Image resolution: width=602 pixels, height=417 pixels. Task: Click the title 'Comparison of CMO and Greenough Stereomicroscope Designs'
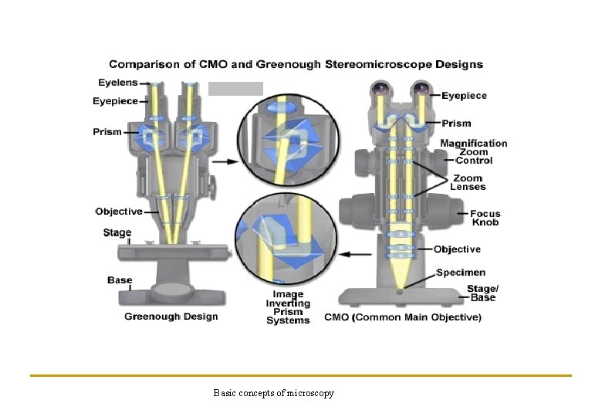tap(296, 64)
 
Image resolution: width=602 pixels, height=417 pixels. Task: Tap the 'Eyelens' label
tap(117, 82)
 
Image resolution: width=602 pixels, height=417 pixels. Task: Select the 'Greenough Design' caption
tap(171, 316)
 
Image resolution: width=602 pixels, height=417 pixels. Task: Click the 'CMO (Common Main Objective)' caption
tap(402, 317)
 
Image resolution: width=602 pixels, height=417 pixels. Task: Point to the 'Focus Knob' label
tap(485, 218)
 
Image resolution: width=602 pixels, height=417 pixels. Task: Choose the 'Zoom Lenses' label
tap(468, 182)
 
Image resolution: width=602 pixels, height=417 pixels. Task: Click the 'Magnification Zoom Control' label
tap(474, 151)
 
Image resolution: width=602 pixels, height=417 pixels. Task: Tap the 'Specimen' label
tap(461, 273)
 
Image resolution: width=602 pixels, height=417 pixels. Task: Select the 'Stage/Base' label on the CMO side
tap(482, 293)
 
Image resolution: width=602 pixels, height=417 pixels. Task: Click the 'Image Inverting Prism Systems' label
tap(288, 307)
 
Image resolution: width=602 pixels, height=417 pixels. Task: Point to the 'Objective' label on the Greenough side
tap(119, 212)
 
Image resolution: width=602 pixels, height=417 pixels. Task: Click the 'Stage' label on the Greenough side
tap(117, 232)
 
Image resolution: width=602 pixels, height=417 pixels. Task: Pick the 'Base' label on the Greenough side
tap(120, 280)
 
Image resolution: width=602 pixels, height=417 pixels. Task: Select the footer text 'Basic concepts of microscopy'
tap(274, 394)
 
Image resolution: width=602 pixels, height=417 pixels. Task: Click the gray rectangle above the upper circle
tap(236, 88)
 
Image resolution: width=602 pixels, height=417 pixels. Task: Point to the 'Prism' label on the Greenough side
tap(107, 131)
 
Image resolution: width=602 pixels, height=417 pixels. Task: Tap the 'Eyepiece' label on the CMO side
tap(464, 96)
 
